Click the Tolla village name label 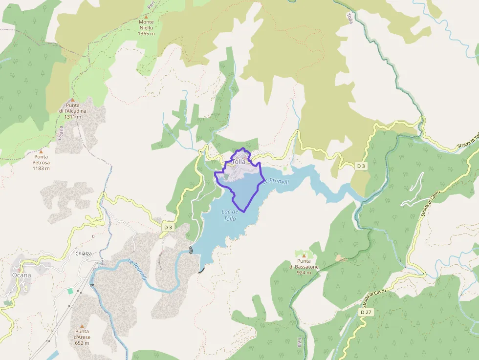[x=239, y=162]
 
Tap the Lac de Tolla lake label [x=230, y=215]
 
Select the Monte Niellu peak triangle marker [x=146, y=16]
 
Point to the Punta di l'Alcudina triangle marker [x=72, y=100]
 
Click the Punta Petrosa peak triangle [x=41, y=151]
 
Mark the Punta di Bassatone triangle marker [x=304, y=255]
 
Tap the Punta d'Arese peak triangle [x=82, y=326]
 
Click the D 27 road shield [x=366, y=312]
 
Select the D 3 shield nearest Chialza [x=168, y=227]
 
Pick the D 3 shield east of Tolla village [x=361, y=166]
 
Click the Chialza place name [x=84, y=254]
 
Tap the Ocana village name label [x=22, y=275]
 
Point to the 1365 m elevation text [x=146, y=34]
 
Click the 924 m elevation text [x=304, y=273]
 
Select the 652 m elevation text [x=82, y=343]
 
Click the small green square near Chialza [x=70, y=291]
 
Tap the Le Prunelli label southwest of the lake [x=137, y=269]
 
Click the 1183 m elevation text [x=41, y=168]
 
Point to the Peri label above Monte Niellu [x=151, y=5]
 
